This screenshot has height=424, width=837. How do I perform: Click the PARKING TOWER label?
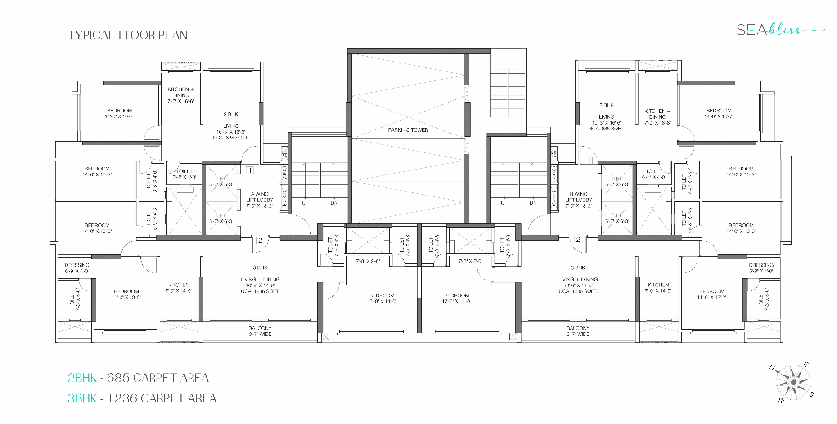(408, 130)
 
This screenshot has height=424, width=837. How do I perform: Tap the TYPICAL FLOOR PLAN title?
(127, 35)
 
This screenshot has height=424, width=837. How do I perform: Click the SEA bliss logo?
(779, 30)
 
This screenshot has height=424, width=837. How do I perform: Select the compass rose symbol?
(793, 383)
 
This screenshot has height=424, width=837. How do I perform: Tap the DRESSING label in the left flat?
(77, 268)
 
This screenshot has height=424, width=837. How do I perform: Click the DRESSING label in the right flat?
(761, 268)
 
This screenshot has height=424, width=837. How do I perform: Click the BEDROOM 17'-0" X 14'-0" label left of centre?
(382, 299)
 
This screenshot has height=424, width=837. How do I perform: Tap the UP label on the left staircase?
(305, 203)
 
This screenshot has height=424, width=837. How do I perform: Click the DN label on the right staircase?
(533, 203)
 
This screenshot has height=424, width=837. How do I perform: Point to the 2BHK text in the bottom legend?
(82, 378)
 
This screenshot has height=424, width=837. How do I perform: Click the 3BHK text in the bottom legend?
(82, 398)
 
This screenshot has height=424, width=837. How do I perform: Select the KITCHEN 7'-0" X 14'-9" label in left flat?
(179, 288)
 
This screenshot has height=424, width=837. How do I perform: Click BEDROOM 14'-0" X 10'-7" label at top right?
(719, 113)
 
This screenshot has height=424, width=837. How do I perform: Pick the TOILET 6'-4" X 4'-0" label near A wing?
(184, 174)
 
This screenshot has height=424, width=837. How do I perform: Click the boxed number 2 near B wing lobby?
(578, 240)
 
